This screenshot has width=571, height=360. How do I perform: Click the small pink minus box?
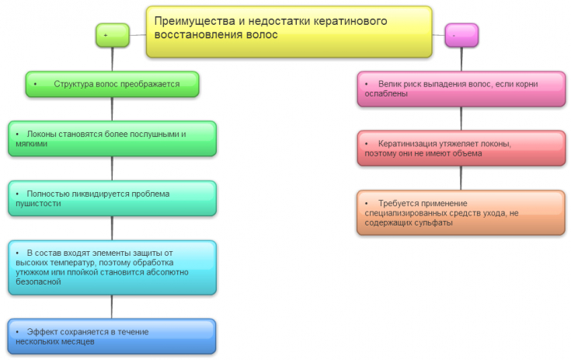461,35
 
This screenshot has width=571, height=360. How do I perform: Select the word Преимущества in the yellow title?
190,21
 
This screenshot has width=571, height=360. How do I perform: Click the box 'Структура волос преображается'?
112,84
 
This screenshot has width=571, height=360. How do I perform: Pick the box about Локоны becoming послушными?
112,139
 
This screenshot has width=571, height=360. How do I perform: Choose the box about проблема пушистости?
112,198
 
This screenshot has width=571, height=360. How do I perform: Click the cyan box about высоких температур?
112,267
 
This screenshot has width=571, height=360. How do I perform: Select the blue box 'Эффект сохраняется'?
112,337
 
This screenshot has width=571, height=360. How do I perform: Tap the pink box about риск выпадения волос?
461,89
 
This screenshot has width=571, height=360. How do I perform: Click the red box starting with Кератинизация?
461,149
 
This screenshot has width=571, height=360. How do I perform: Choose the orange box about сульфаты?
461,212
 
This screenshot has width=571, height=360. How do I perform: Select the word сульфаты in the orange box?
433,223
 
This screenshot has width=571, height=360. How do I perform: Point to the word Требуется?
401,202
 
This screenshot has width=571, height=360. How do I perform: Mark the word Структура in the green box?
74,84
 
